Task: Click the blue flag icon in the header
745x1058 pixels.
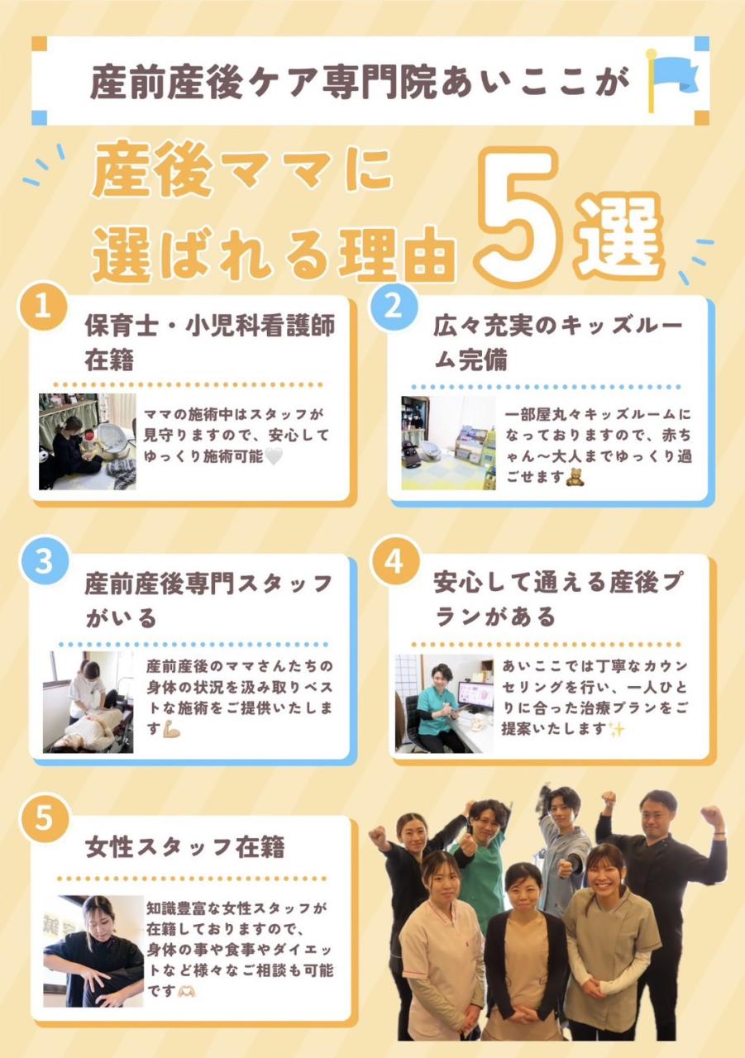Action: pyautogui.click(x=671, y=79)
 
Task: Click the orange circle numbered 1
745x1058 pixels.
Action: pyautogui.click(x=42, y=307)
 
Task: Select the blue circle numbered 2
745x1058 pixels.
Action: pyautogui.click(x=393, y=307)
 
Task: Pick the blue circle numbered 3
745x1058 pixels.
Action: pyautogui.click(x=44, y=562)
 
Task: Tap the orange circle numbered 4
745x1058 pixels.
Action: pyautogui.click(x=394, y=562)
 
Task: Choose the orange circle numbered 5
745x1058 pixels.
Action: pyautogui.click(x=44, y=818)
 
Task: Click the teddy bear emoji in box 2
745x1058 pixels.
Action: pyautogui.click(x=575, y=477)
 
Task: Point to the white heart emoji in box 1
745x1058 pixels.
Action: pyautogui.click(x=274, y=456)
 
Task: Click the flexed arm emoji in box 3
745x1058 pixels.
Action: pyautogui.click(x=171, y=730)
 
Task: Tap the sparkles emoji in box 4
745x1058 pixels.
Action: pyautogui.click(x=616, y=730)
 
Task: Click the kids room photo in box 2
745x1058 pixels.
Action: pyautogui.click(x=448, y=442)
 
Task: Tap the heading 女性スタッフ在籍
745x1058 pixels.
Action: pyautogui.click(x=185, y=847)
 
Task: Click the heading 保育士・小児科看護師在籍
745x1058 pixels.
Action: pyautogui.click(x=210, y=342)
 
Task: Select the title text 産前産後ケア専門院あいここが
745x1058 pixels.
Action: pyautogui.click(x=360, y=81)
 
